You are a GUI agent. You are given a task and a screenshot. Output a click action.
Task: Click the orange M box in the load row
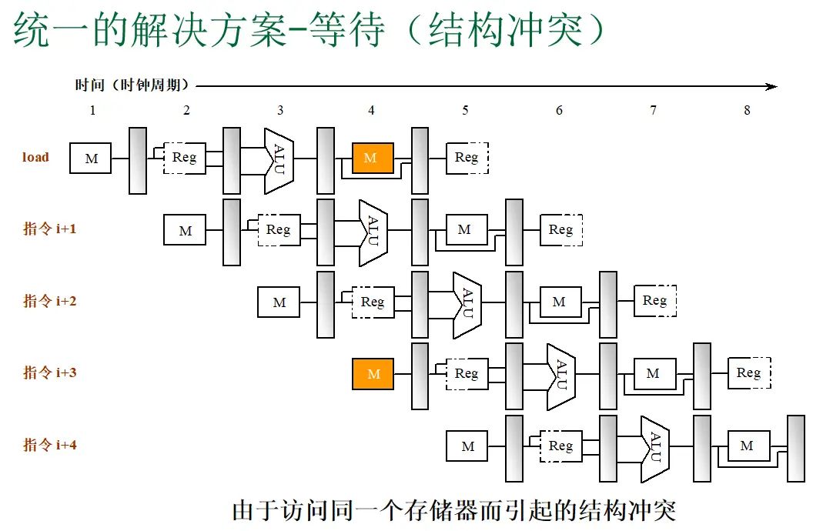coord(373,158)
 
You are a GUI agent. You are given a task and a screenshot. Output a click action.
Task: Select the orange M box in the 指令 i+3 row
coord(373,374)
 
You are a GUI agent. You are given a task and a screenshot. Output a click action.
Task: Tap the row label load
coord(35,158)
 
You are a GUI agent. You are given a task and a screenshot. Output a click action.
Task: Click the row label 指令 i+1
coord(50,229)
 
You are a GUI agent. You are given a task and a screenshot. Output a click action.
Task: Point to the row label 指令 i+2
coord(50,301)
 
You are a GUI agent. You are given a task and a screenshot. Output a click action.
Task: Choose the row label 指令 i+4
coord(50,446)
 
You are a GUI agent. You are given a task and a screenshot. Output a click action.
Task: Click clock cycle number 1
coord(93,110)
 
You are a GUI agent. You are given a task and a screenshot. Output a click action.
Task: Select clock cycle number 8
coord(747,110)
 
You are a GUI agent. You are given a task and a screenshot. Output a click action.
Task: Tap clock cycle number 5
coord(465,110)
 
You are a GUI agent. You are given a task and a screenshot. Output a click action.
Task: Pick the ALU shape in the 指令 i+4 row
coord(655,449)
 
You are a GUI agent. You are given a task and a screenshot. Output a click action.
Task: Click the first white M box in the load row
coord(90,158)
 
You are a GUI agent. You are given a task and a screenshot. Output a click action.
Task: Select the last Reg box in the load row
coord(467,158)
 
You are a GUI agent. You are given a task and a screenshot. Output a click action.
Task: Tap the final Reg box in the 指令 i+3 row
coord(749,373)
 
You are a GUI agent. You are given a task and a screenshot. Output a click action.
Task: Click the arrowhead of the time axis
coord(771,86)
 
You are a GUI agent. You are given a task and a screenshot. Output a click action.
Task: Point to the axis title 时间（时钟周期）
coord(132,85)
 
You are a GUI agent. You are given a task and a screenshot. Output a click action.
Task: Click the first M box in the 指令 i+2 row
coord(279,302)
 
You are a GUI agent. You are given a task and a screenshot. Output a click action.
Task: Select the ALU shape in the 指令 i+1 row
coord(373,233)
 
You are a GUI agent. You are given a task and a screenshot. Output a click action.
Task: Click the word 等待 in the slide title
coord(347,29)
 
